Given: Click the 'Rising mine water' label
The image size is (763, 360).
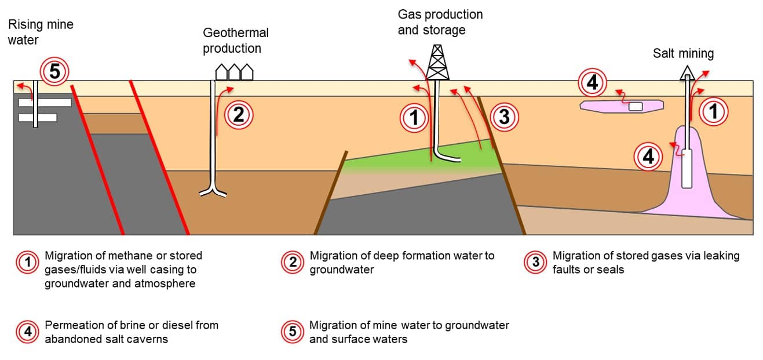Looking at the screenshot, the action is tap(41, 32).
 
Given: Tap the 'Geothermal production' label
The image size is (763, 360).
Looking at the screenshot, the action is tap(236, 41).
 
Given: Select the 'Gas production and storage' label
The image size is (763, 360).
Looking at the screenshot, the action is tap(440, 22).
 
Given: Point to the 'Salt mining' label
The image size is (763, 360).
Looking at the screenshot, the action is tap(683, 53).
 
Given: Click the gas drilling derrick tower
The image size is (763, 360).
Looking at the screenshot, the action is tap(438, 63).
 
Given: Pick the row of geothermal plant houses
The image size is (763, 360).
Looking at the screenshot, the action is tap(235, 72).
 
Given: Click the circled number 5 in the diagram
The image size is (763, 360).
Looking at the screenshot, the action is tap(54, 71).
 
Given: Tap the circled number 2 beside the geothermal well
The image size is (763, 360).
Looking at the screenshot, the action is tap(239, 115).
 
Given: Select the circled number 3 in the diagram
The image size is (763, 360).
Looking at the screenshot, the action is tap(505, 117).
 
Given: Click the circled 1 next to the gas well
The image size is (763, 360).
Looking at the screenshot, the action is tap(414, 118).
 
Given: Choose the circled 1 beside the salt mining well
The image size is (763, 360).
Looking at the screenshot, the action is tap(714, 111).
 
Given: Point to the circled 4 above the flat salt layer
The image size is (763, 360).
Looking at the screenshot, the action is tap(592, 82).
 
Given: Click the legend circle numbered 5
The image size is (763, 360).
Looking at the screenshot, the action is tap(292, 332).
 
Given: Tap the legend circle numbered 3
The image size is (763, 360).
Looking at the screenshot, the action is tap(535, 262).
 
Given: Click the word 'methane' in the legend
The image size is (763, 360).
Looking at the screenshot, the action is tap(132, 256).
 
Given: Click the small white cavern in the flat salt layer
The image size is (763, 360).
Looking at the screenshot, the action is tap(636, 106).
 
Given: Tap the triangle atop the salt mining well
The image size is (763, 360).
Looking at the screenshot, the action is tap(687, 72).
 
